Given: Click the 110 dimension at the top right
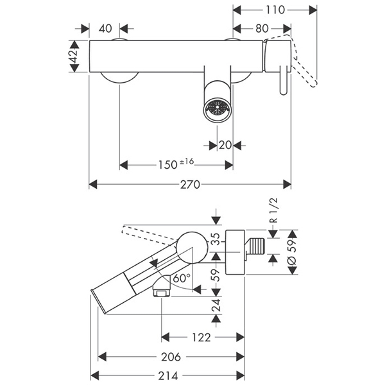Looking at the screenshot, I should coord(275,10).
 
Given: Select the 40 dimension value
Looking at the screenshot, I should coord(105,28).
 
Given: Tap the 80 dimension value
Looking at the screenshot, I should coord(262,28).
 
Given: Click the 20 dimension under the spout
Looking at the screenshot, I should coord(225,145).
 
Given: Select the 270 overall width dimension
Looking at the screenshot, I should coord(190,184).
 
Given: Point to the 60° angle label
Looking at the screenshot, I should coord(180,278).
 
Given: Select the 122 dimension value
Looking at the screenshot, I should coord(203,336).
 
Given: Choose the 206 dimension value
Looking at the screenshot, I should coord(170,356).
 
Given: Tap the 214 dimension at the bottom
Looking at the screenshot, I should coord(167,375).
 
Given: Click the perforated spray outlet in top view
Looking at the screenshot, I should coord(216,108).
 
